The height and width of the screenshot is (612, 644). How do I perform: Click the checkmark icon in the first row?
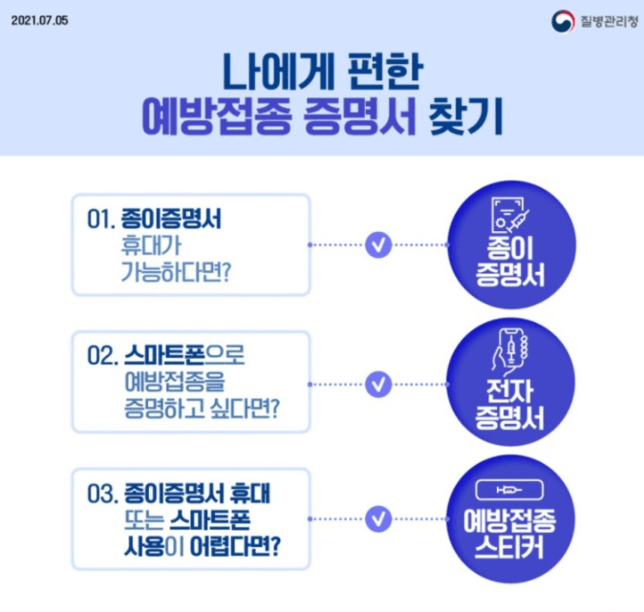379,244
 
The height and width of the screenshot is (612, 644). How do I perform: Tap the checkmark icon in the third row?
379,519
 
